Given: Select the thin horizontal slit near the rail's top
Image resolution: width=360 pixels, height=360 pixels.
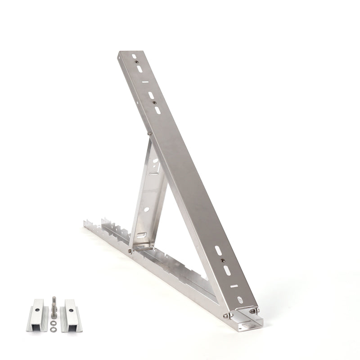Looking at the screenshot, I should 143,82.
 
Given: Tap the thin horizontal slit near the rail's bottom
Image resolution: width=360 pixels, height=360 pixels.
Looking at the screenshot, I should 233,285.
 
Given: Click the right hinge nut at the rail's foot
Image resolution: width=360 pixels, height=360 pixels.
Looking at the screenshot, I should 256,310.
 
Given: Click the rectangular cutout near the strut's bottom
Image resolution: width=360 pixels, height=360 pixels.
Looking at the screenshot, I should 141,235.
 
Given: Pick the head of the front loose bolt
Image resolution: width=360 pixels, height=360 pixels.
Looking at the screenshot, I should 54,298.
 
